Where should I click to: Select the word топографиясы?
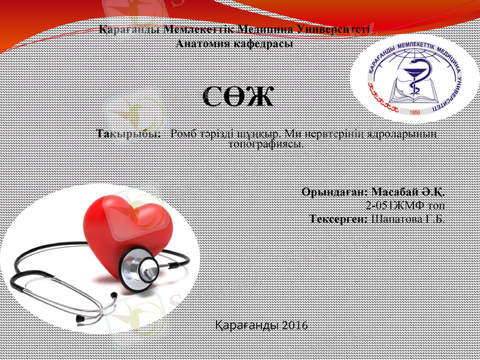click(268, 144)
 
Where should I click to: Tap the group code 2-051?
click(379, 206)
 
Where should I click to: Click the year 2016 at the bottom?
click(294, 325)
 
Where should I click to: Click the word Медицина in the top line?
click(266, 30)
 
